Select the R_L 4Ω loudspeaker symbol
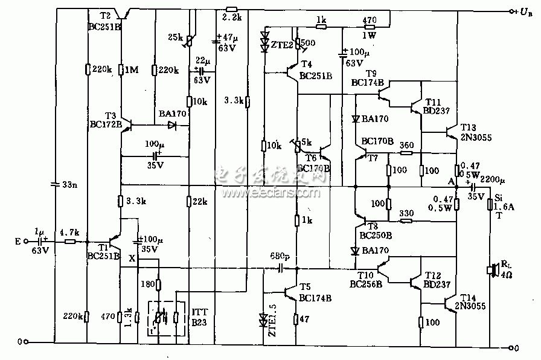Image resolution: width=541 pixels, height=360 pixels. tap(492, 270)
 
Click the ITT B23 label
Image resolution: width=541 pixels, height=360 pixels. tap(200, 317)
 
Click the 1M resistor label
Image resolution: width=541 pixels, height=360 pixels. tap(132, 70)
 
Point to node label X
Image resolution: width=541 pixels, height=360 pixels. tap(132, 259)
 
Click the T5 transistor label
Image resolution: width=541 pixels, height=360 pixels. tap(306, 287)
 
